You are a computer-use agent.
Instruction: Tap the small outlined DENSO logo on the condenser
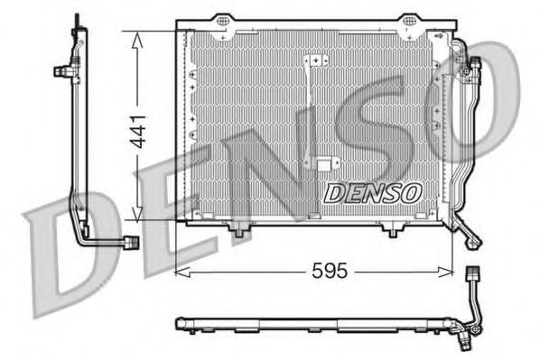pyautogui.click(x=372, y=191)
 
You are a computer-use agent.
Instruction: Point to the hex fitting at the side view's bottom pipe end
pyautogui.click(x=132, y=243)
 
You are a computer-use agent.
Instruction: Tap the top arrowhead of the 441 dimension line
pyautogui.click(x=135, y=35)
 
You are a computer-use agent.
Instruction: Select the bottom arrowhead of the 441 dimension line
pyautogui.click(x=135, y=217)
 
